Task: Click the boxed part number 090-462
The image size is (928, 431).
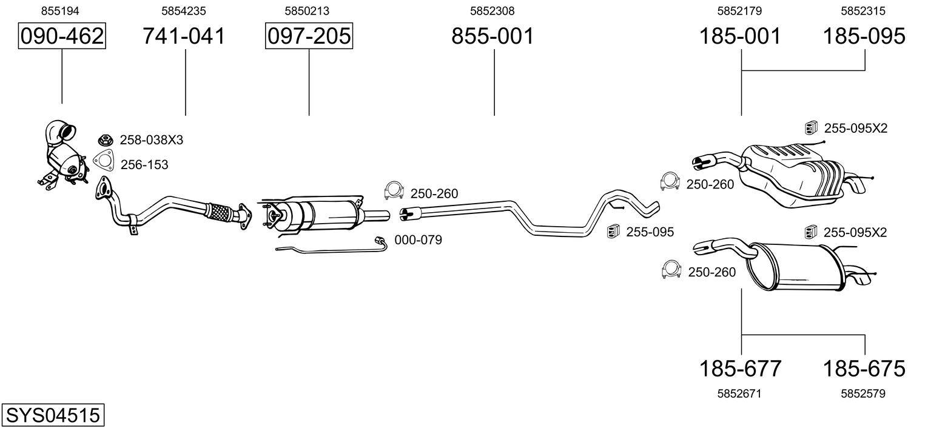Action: [62, 36]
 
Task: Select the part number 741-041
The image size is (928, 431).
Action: [184, 36]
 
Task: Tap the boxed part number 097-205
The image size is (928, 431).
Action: [309, 36]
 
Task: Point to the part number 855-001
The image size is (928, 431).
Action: [493, 36]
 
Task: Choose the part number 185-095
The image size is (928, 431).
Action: [864, 36]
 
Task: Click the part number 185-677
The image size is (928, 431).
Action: [741, 369]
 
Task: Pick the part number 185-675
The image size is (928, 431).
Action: [864, 369]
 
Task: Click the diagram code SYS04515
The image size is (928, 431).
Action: [53, 415]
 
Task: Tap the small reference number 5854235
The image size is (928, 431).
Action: [184, 11]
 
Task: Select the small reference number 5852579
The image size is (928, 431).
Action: [863, 393]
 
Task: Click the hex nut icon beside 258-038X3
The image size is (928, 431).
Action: [106, 140]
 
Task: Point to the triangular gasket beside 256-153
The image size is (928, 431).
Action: [104, 161]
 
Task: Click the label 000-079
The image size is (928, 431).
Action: [418, 240]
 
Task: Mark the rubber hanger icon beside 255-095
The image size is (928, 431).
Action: [613, 231]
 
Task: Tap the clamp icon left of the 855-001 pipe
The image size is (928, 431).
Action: [394, 190]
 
